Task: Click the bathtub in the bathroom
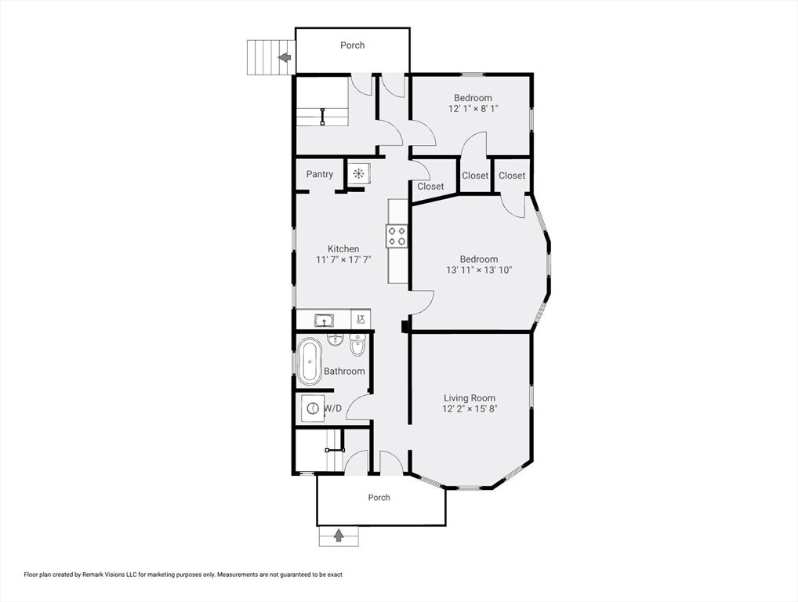click(310, 361)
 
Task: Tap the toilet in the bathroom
click(357, 345)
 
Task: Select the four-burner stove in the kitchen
click(397, 236)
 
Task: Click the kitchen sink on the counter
click(324, 321)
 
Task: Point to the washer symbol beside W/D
click(312, 408)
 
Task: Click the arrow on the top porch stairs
click(285, 57)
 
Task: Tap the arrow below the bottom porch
click(339, 535)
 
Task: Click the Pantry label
click(320, 174)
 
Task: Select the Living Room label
click(470, 398)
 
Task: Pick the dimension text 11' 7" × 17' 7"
click(343, 259)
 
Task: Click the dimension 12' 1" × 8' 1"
click(473, 108)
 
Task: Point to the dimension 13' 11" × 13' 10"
click(479, 270)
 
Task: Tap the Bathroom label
click(345, 371)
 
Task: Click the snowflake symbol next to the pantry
click(359, 173)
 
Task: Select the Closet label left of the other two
click(430, 187)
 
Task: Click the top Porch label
click(352, 45)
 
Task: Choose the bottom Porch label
click(379, 497)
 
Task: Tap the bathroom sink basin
click(335, 339)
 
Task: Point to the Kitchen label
click(343, 248)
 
